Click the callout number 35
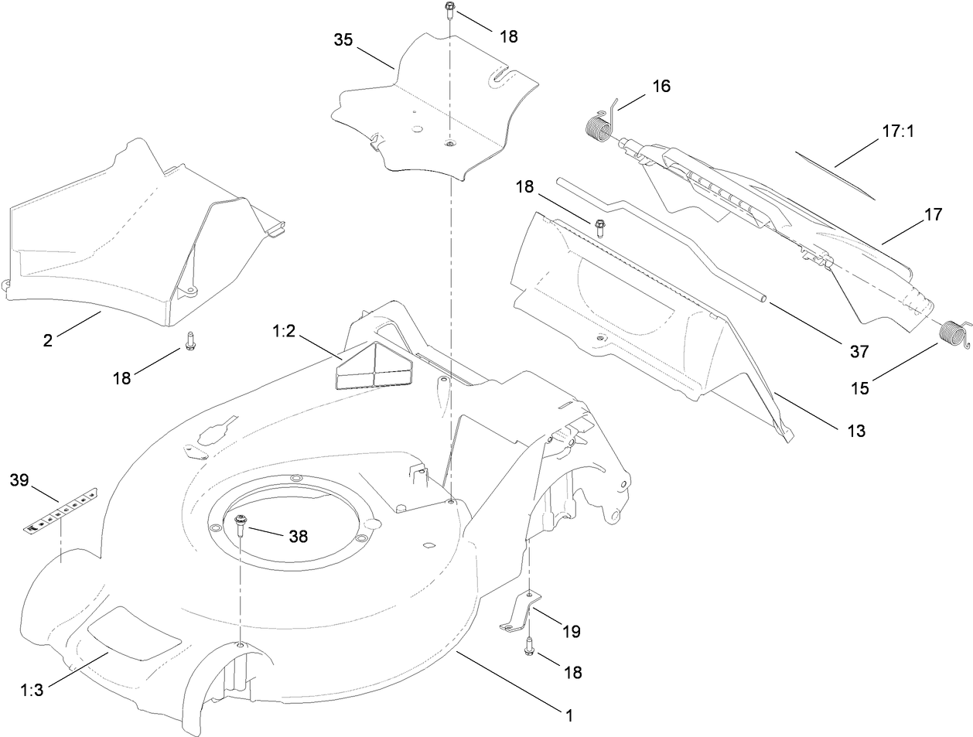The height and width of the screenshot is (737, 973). pos(344,39)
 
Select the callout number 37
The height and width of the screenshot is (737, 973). pos(859,352)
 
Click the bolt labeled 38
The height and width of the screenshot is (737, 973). pos(241,525)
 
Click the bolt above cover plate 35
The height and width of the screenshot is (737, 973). pos(449,11)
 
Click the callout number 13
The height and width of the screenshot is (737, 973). pos(855,431)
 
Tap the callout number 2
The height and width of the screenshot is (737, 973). pos(48,339)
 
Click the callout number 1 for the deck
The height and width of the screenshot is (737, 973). pos(569,716)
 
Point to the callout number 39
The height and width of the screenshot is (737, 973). pos(19,480)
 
